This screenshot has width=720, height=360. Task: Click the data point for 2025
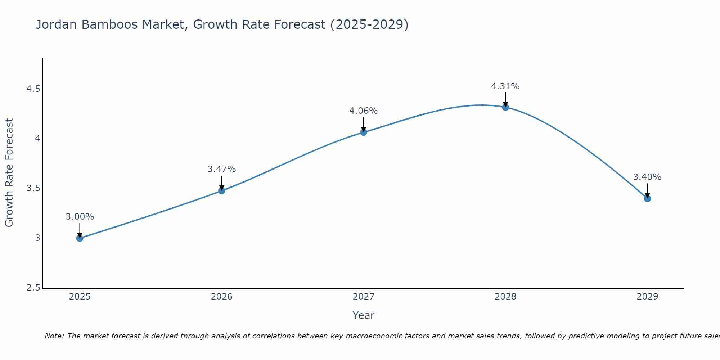pyautogui.click(x=80, y=238)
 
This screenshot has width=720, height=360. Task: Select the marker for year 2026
pyautogui.click(x=222, y=190)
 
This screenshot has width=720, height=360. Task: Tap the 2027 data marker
pyautogui.click(x=364, y=132)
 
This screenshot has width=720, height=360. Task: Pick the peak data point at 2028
pyautogui.click(x=505, y=107)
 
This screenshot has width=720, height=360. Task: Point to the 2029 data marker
pyautogui.click(x=647, y=198)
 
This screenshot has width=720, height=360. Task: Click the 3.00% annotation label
pyautogui.click(x=80, y=217)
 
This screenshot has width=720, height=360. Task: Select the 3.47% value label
pyautogui.click(x=222, y=169)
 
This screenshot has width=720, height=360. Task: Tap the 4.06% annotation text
pyautogui.click(x=364, y=111)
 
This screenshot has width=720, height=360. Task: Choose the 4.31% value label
pyautogui.click(x=505, y=86)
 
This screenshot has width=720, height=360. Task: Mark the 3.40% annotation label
pyautogui.click(x=647, y=177)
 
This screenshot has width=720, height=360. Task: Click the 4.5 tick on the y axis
pyautogui.click(x=33, y=89)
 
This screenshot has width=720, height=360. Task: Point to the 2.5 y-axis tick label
pyautogui.click(x=33, y=288)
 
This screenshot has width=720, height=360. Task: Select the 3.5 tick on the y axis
pyautogui.click(x=33, y=188)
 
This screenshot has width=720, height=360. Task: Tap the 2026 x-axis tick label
pyautogui.click(x=222, y=297)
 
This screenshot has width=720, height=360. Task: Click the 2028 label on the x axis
pyautogui.click(x=505, y=297)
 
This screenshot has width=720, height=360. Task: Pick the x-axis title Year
pyautogui.click(x=364, y=315)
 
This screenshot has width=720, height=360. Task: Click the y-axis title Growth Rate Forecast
pyautogui.click(x=9, y=173)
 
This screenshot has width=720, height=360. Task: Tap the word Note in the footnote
pyautogui.click(x=54, y=336)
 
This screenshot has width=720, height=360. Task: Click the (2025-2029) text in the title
pyautogui.click(x=369, y=24)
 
